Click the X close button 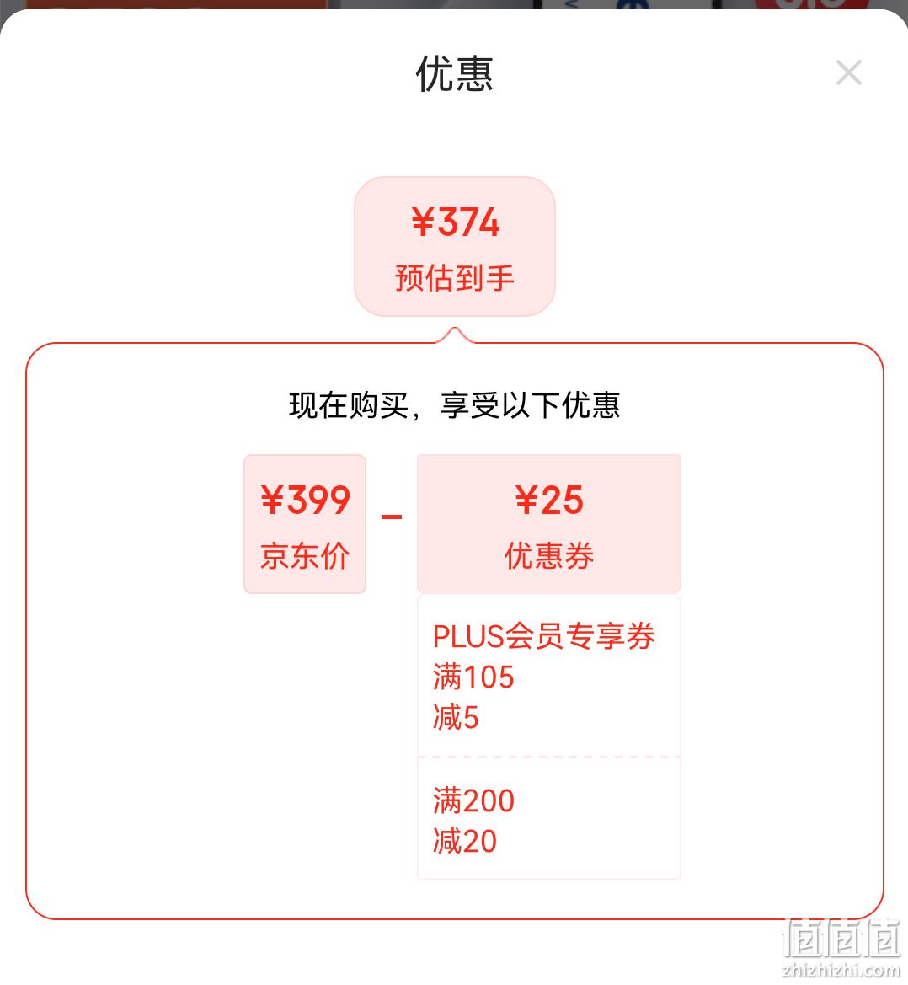[849, 72]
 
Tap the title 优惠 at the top [454, 73]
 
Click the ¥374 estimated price [455, 222]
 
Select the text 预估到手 [455, 278]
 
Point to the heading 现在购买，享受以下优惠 [455, 405]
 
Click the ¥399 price [305, 500]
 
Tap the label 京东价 [305, 556]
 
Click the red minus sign [391, 517]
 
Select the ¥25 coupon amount [549, 500]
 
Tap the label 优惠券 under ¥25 [549, 556]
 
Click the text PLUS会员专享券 [544, 635]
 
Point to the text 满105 [473, 677]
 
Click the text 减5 [456, 717]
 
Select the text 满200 [473, 801]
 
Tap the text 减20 [465, 841]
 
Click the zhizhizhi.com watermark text [841, 971]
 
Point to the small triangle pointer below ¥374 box [455, 335]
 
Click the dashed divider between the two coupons [549, 757]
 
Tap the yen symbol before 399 [273, 500]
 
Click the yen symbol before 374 [423, 222]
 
